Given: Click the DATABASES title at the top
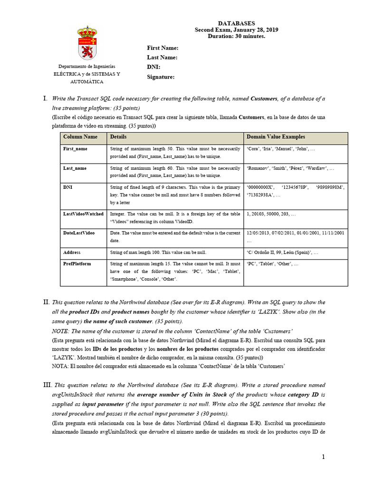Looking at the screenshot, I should tap(236, 23).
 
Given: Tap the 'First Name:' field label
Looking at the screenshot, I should tap(163, 48).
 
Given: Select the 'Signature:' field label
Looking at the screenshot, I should tap(161, 77).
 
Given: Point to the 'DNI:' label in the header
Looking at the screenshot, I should tap(154, 67).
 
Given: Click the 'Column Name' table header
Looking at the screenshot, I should tap(80, 137).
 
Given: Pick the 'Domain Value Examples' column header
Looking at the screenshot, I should tap(276, 137).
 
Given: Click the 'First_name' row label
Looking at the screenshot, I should tap(75, 149).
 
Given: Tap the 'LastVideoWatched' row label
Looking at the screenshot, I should tap(83, 214).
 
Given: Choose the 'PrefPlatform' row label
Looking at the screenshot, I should tap(77, 263).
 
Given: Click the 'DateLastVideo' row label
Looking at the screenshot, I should tap(79, 233).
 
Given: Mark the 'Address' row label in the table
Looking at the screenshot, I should tap(72, 252).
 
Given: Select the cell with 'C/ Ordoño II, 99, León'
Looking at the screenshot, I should tap(282, 252).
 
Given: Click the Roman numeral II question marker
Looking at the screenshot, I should tap(46, 302).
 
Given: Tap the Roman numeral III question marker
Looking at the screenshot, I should tap(47, 385).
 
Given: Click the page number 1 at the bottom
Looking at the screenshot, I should tap(323, 457).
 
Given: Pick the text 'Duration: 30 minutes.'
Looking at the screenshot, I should tap(236, 36).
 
